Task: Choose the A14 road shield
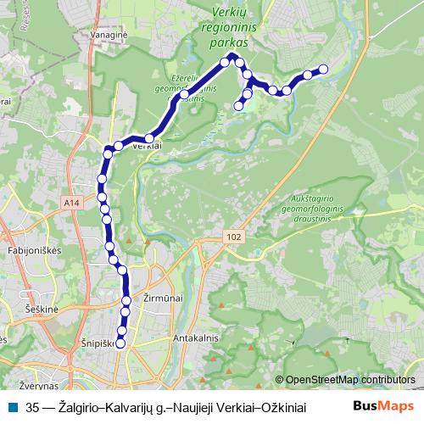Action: (71, 202)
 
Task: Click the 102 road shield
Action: (234, 238)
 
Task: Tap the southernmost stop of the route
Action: (120, 343)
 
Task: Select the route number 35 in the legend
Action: (33, 406)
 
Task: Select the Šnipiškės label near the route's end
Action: (95, 343)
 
